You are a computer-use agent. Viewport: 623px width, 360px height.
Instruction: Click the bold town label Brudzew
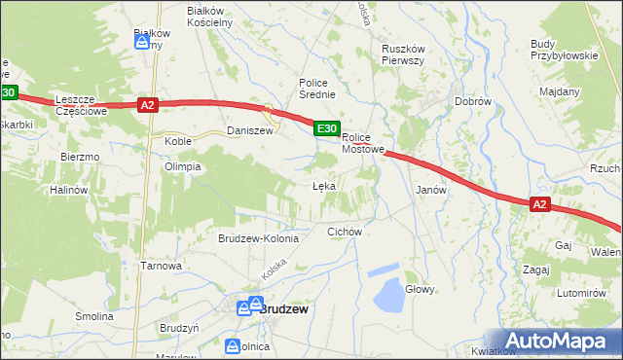[283, 308]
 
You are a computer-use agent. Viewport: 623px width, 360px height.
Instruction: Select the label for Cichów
[345, 232]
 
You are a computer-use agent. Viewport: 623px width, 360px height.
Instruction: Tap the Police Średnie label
[317, 89]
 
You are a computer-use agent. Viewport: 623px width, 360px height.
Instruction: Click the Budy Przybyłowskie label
[564, 50]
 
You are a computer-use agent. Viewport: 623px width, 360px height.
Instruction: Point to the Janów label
[430, 190]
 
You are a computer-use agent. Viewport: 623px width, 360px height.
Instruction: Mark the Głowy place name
[420, 289]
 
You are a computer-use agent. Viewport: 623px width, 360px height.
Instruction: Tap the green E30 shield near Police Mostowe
[327, 128]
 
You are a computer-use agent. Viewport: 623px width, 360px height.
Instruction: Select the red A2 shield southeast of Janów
[541, 204]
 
